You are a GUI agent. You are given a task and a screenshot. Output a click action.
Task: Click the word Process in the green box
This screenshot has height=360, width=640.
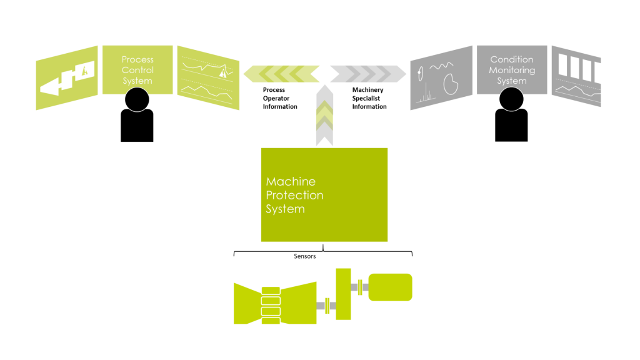pos(137,59)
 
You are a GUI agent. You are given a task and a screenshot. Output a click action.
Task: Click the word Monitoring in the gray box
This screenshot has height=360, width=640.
pos(512,70)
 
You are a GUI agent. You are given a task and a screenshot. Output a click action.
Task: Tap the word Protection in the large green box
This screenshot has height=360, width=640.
pos(294,195)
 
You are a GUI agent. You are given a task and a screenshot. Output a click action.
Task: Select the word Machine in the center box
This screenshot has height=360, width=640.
pos(291,181)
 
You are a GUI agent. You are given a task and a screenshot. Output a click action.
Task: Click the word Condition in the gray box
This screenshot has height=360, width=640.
pos(512,59)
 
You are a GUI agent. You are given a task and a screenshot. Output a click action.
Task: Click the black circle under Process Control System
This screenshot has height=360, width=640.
pos(137,99)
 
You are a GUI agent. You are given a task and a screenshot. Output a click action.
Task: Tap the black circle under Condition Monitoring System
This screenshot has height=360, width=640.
pos(511,99)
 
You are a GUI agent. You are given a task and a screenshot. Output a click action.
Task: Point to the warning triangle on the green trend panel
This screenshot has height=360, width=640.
pos(222,73)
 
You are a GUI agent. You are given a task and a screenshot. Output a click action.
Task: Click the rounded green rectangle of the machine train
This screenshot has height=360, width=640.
pos(390,287)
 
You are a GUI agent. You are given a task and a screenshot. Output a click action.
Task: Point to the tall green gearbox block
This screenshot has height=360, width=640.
pos(343,294)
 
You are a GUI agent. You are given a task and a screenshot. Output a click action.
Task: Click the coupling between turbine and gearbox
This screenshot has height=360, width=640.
pos(327,305)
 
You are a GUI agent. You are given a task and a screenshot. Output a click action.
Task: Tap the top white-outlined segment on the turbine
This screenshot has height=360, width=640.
pos(271,291)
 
